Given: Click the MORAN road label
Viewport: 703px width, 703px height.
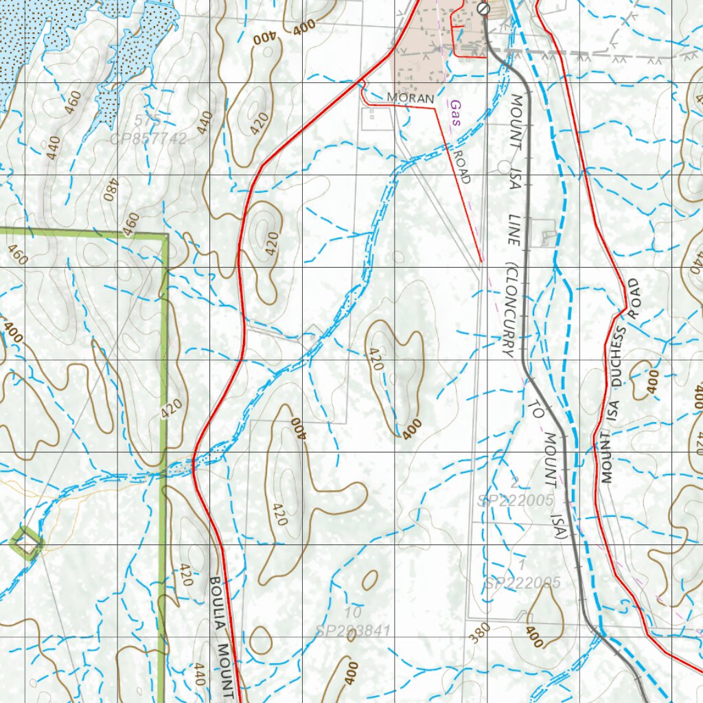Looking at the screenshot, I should (411, 98).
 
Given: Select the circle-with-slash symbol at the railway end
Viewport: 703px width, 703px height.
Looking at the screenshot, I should (483, 9).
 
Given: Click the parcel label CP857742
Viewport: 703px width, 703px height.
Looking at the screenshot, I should (148, 139).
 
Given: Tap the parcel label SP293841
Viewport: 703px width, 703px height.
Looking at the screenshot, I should (353, 630).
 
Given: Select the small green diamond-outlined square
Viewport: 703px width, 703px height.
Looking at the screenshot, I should (27, 542).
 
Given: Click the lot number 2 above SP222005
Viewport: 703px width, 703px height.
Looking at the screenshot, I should (515, 483).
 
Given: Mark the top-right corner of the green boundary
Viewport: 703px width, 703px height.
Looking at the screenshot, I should (167, 235).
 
